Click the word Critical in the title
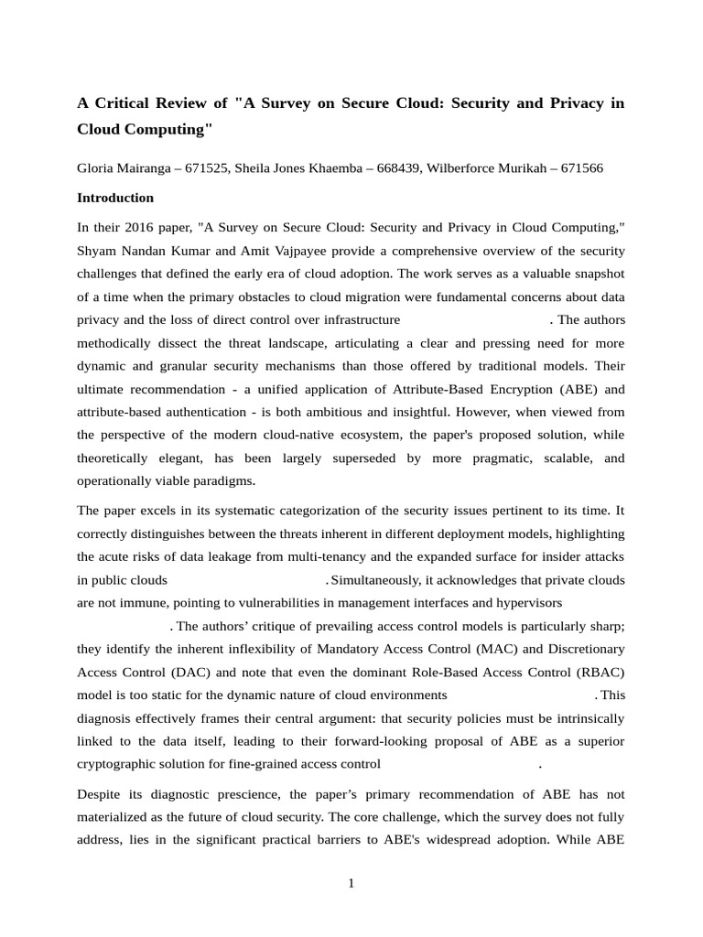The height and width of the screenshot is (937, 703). (124, 102)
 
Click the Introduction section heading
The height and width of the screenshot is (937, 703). (115, 198)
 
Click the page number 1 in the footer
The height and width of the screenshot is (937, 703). (351, 884)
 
